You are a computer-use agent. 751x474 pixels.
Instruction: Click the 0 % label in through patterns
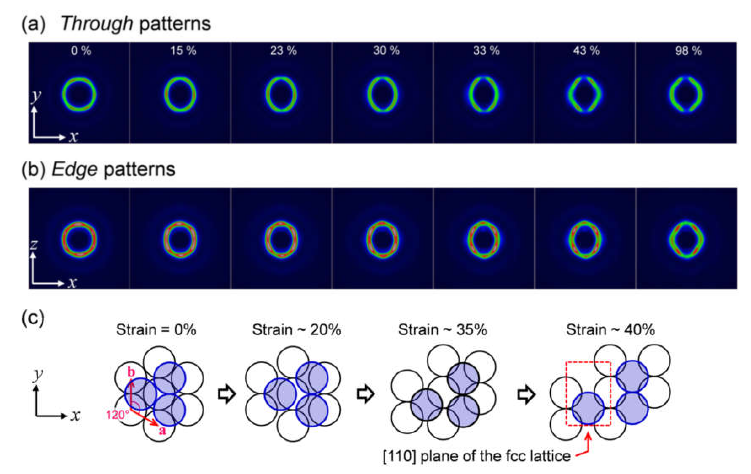pyautogui.click(x=81, y=51)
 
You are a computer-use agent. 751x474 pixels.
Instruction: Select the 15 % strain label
pyautogui.click(x=183, y=51)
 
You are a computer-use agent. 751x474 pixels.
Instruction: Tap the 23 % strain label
pyautogui.click(x=283, y=51)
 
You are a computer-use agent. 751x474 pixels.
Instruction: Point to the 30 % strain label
pyautogui.click(x=386, y=51)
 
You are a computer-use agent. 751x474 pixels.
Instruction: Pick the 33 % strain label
pyautogui.click(x=486, y=51)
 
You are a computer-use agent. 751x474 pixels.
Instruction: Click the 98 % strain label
pyautogui.click(x=688, y=51)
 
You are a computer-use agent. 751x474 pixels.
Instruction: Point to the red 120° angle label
pyautogui.click(x=117, y=415)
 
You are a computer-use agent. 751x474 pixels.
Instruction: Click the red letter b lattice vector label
pyautogui.click(x=131, y=372)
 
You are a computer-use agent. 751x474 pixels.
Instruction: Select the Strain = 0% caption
pyautogui.click(x=156, y=330)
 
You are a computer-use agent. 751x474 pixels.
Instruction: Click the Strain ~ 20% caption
pyautogui.click(x=296, y=330)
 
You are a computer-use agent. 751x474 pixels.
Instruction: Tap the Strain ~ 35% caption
pyautogui.click(x=442, y=330)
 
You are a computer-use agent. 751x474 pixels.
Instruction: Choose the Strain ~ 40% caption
pyautogui.click(x=610, y=330)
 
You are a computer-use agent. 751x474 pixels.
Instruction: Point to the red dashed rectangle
pyautogui.click(x=566, y=393)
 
